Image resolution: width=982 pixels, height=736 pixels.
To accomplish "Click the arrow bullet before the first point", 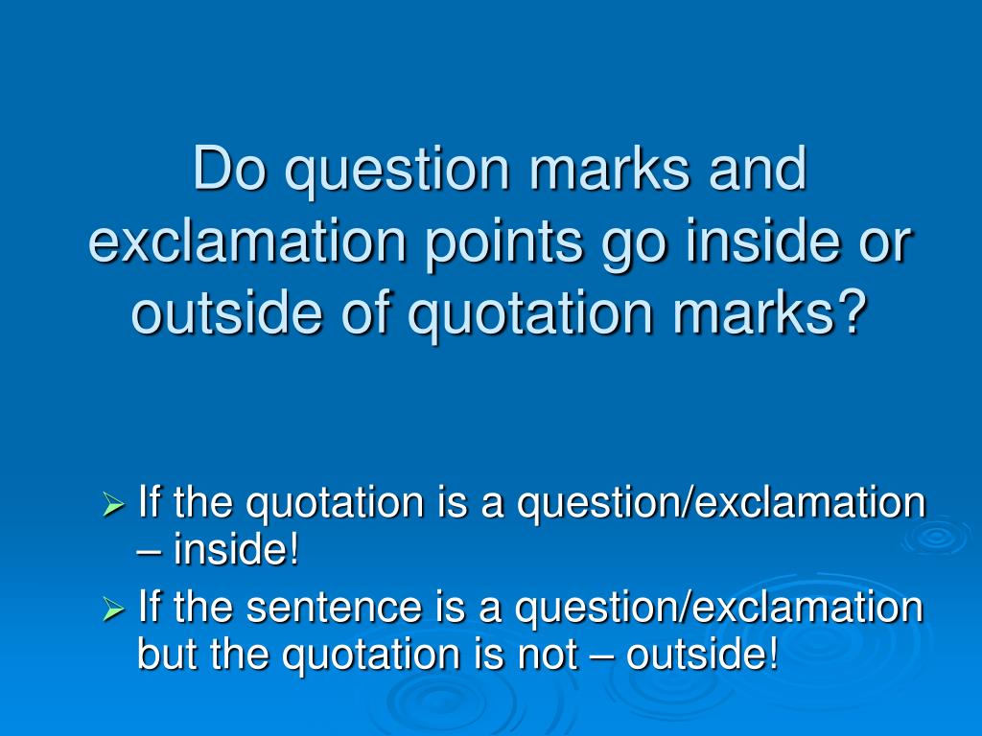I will (114, 503).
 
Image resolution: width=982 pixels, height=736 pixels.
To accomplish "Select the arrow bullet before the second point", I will (114, 608).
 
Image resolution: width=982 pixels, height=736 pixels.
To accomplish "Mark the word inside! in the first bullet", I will (236, 551).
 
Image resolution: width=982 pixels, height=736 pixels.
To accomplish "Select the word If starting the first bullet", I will (150, 502).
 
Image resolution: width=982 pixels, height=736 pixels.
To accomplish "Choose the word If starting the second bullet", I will (150, 608).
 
